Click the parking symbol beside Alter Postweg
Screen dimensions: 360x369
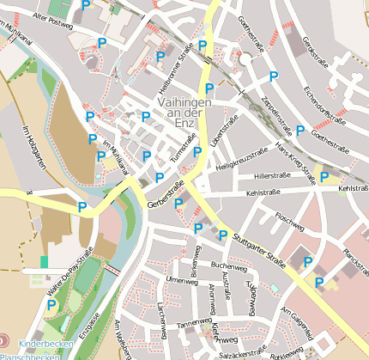coord(84,7)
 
